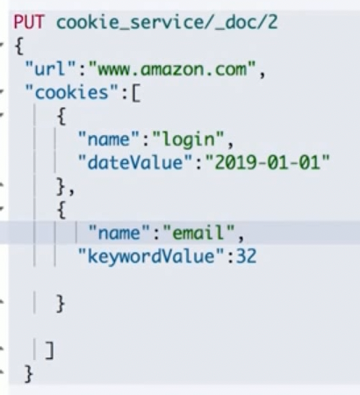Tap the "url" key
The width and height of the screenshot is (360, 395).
tap(43, 67)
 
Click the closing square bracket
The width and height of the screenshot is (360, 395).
tap(49, 350)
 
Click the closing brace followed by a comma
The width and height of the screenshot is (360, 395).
tap(61, 185)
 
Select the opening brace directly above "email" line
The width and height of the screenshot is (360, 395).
tap(61, 209)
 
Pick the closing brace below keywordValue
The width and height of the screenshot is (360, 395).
tap(61, 304)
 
